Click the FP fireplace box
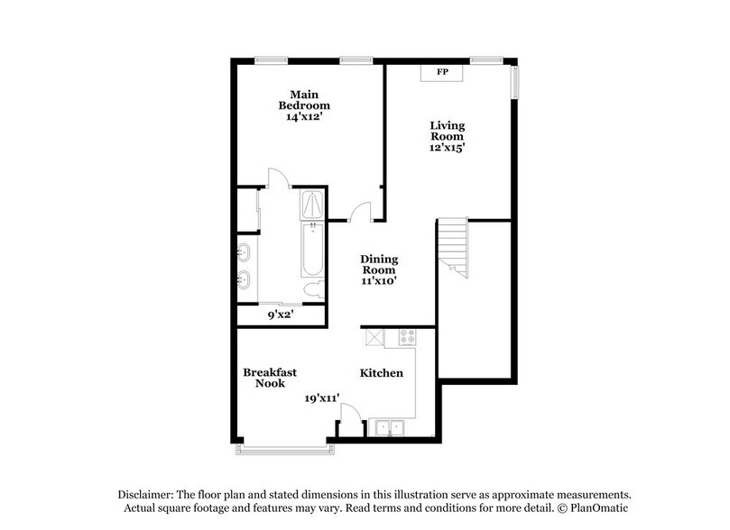[x=442, y=71]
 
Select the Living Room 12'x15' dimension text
[x=448, y=146]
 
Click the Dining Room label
[x=380, y=264]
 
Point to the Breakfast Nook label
[x=270, y=378]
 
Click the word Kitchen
[x=382, y=373]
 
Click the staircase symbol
[x=453, y=248]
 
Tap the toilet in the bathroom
[x=310, y=290]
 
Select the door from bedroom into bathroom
[x=278, y=178]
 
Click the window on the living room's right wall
[x=515, y=82]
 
